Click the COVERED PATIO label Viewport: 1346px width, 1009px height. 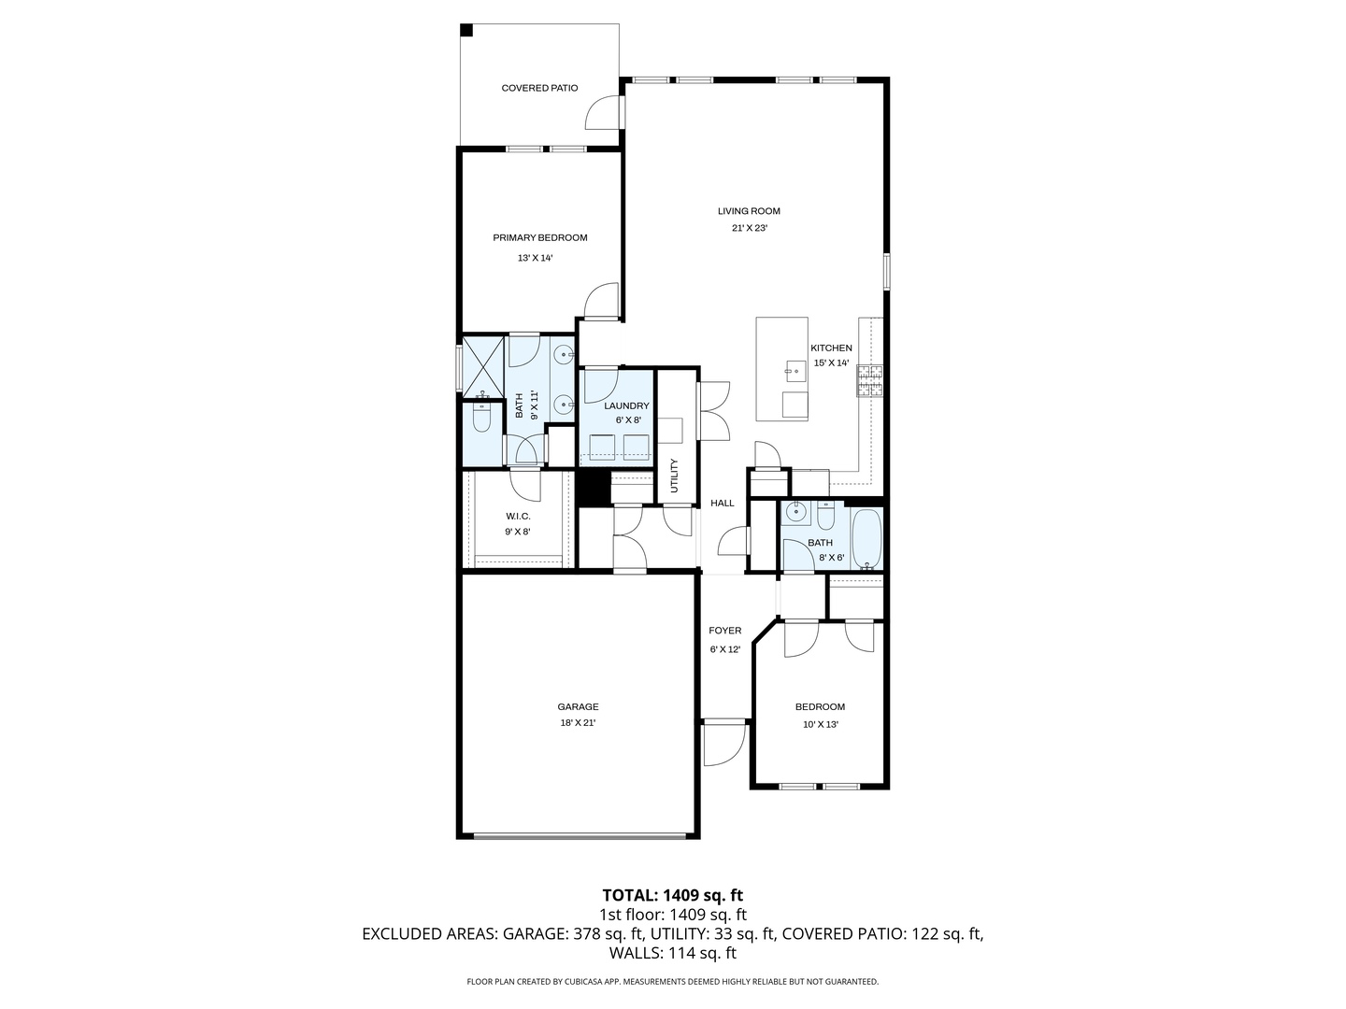(x=539, y=88)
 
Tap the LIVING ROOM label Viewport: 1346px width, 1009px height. (x=749, y=211)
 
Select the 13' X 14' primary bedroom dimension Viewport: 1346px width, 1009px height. (x=535, y=258)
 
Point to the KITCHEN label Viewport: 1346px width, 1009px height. (x=831, y=348)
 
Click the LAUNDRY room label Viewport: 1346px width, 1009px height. (x=626, y=405)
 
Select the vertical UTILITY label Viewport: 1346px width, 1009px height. (x=674, y=476)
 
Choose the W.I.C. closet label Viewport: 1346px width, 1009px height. (x=518, y=517)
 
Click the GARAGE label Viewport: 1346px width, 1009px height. (x=578, y=707)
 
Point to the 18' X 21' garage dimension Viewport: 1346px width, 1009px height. (x=578, y=723)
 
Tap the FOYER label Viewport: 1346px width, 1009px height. (x=724, y=631)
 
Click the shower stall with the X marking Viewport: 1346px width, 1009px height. (x=483, y=364)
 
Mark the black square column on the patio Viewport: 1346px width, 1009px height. (x=466, y=30)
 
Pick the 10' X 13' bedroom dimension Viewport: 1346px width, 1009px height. (x=820, y=724)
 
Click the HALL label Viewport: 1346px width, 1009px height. (x=723, y=503)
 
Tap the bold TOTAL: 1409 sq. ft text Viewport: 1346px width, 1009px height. (x=672, y=895)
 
